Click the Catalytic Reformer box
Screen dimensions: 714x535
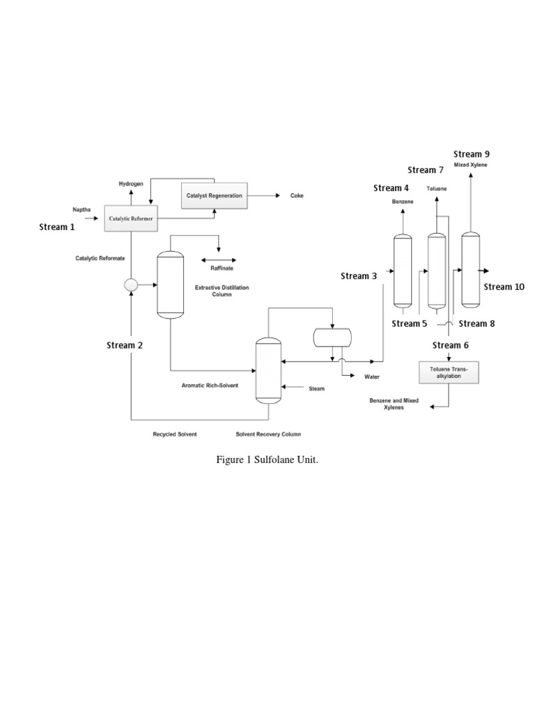point(129,218)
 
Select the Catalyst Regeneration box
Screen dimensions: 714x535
point(214,195)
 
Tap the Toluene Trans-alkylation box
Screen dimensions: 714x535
point(449,372)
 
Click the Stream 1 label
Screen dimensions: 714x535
point(57,227)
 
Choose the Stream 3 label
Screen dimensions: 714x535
point(359,276)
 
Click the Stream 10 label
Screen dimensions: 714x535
point(504,287)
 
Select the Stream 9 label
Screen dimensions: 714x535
point(472,154)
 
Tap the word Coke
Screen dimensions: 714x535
point(297,196)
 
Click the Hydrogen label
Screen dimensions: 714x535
point(130,183)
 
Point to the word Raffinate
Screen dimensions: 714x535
point(222,268)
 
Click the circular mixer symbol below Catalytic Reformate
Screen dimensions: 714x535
point(130,284)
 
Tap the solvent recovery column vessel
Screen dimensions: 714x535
point(267,370)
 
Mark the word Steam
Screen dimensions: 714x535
point(317,388)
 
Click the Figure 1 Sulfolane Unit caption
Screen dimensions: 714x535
point(267,460)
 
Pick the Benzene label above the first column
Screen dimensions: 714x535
point(402,202)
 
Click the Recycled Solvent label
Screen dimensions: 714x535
point(175,434)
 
